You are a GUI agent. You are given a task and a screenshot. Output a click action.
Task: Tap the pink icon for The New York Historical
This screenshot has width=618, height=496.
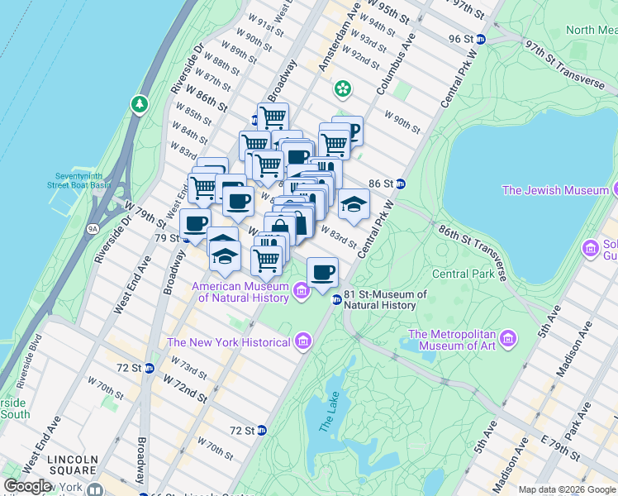pyautogui.click(x=302, y=341)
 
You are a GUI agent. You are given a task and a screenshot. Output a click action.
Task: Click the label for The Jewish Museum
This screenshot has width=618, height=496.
pyautogui.click(x=555, y=190)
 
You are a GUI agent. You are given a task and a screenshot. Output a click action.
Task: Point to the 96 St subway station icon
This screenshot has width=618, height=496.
pyautogui.click(x=480, y=39)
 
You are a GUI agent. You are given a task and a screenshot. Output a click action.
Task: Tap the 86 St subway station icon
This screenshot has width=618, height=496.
pyautogui.click(x=400, y=184)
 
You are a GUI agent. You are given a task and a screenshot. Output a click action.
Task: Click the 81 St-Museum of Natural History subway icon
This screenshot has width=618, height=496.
pyautogui.click(x=336, y=300)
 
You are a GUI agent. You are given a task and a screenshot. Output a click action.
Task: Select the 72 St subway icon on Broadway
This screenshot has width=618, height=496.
pyautogui.click(x=149, y=367)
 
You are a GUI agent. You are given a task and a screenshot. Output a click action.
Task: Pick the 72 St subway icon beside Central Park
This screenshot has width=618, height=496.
pyautogui.click(x=262, y=430)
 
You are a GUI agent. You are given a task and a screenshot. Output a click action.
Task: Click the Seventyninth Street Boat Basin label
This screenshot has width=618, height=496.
pyautogui.click(x=83, y=179)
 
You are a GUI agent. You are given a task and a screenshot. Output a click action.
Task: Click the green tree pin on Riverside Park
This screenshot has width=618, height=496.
pyautogui.click(x=139, y=103)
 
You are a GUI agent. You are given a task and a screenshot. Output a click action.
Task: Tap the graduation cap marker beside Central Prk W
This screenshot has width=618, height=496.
pyautogui.click(x=354, y=203)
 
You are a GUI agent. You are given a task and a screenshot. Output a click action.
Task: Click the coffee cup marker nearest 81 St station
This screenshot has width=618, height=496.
pyautogui.click(x=323, y=270)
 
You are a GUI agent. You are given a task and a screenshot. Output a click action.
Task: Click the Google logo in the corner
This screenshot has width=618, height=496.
pyautogui.click(x=27, y=486)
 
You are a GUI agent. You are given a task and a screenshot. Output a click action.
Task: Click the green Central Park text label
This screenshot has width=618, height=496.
pyautogui.click(x=462, y=273)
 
